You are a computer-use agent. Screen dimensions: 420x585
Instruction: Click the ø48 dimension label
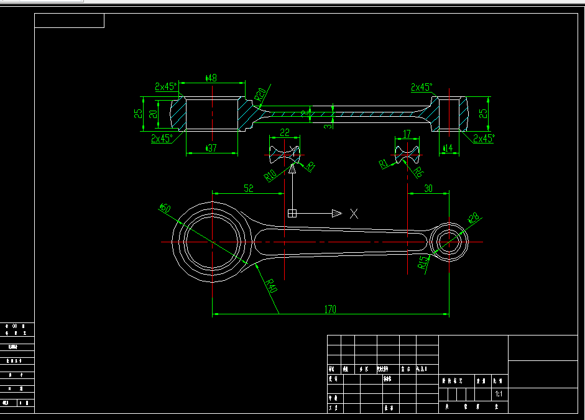click(211, 78)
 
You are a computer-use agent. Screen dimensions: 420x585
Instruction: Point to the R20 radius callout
click(260, 94)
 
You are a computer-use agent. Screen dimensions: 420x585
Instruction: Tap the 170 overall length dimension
click(330, 309)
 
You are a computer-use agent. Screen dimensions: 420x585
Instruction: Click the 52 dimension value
click(249, 188)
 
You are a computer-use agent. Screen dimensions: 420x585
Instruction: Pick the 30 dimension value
click(428, 188)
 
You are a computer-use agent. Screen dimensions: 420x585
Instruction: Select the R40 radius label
click(270, 286)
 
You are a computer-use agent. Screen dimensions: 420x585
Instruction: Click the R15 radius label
click(423, 262)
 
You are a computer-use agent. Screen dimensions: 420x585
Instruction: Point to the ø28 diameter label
click(473, 218)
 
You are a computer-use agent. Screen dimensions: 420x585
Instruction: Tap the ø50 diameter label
click(165, 208)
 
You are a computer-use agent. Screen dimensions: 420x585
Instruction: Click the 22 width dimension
click(285, 132)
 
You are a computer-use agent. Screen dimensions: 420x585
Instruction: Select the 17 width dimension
click(407, 134)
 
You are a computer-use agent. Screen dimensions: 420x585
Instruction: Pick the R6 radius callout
click(418, 172)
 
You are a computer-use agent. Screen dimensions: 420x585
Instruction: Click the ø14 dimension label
click(447, 148)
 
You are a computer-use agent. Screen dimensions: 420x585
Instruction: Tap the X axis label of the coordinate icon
click(354, 214)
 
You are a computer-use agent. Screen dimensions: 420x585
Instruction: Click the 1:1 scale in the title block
click(498, 394)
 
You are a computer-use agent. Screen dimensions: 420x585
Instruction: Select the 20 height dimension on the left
click(153, 114)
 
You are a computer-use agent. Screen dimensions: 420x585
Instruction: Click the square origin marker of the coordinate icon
click(292, 214)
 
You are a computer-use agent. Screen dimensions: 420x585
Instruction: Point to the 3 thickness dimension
click(328, 124)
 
